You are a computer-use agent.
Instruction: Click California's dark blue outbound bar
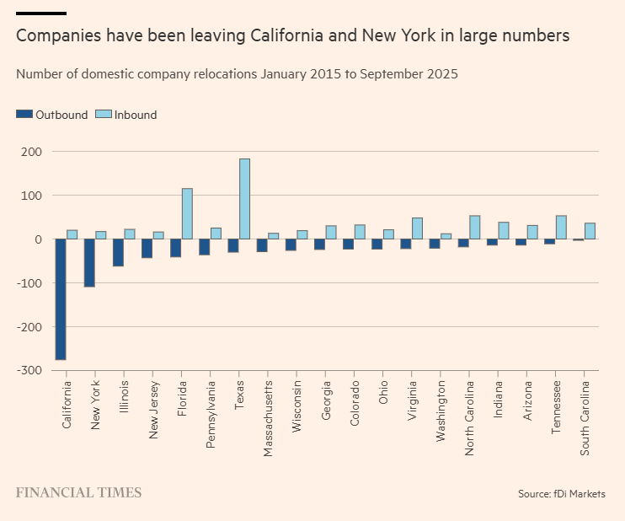[61, 299]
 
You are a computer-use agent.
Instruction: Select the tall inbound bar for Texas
[244, 199]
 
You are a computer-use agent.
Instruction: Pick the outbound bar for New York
[89, 263]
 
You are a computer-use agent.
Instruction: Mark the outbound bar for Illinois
[118, 253]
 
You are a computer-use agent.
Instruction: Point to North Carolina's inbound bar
[474, 228]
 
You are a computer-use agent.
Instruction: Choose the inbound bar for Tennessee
[561, 228]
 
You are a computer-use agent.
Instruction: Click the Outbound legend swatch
[24, 115]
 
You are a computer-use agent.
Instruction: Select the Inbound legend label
[136, 115]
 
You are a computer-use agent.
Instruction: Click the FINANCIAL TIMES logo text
[78, 493]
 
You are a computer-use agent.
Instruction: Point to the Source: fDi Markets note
[561, 493]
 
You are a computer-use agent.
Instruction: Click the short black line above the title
[41, 13]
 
